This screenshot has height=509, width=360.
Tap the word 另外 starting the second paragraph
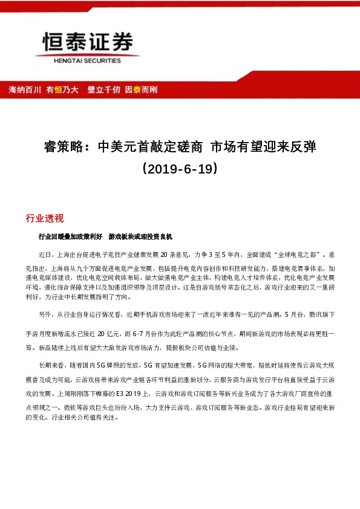pos(45,315)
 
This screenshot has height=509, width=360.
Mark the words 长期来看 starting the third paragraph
pos(51,365)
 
